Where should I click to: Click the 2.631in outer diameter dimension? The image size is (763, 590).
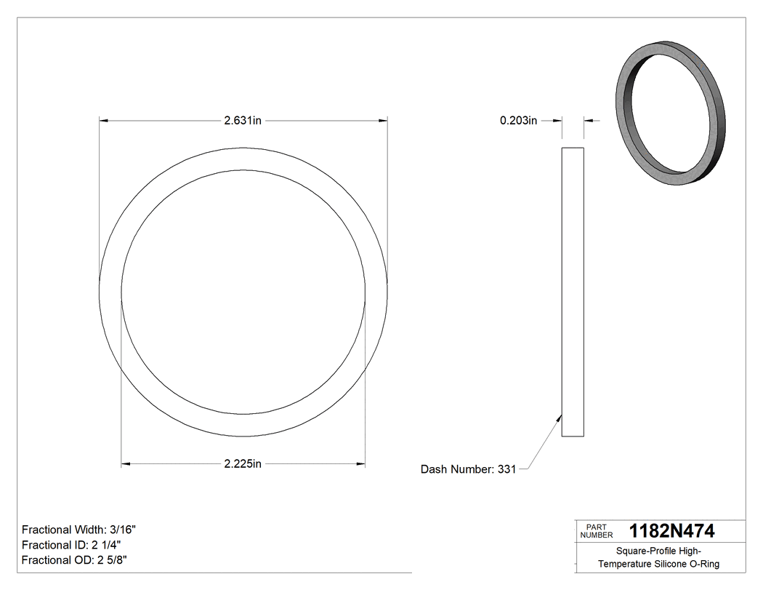tap(243, 121)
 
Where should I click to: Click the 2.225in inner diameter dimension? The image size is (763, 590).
tap(243, 464)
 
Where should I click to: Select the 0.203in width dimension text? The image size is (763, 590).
tap(518, 121)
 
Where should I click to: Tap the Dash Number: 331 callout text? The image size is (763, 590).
tap(468, 469)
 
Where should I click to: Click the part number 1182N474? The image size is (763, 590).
tap(671, 530)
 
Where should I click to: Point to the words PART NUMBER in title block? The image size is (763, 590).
tap(597, 531)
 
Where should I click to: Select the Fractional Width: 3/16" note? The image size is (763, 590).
tap(79, 530)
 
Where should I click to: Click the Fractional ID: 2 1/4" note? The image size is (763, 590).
tap(71, 545)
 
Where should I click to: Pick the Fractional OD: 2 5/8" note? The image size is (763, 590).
tap(75, 560)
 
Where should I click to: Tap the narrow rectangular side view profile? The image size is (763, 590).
tap(573, 292)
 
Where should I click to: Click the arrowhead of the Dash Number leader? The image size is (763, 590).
tap(560, 417)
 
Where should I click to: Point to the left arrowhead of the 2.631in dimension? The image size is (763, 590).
tap(104, 121)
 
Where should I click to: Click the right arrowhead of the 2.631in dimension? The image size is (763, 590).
tap(383, 121)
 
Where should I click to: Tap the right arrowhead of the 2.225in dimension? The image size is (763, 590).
tap(360, 464)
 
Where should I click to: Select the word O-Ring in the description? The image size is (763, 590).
tap(704, 564)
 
